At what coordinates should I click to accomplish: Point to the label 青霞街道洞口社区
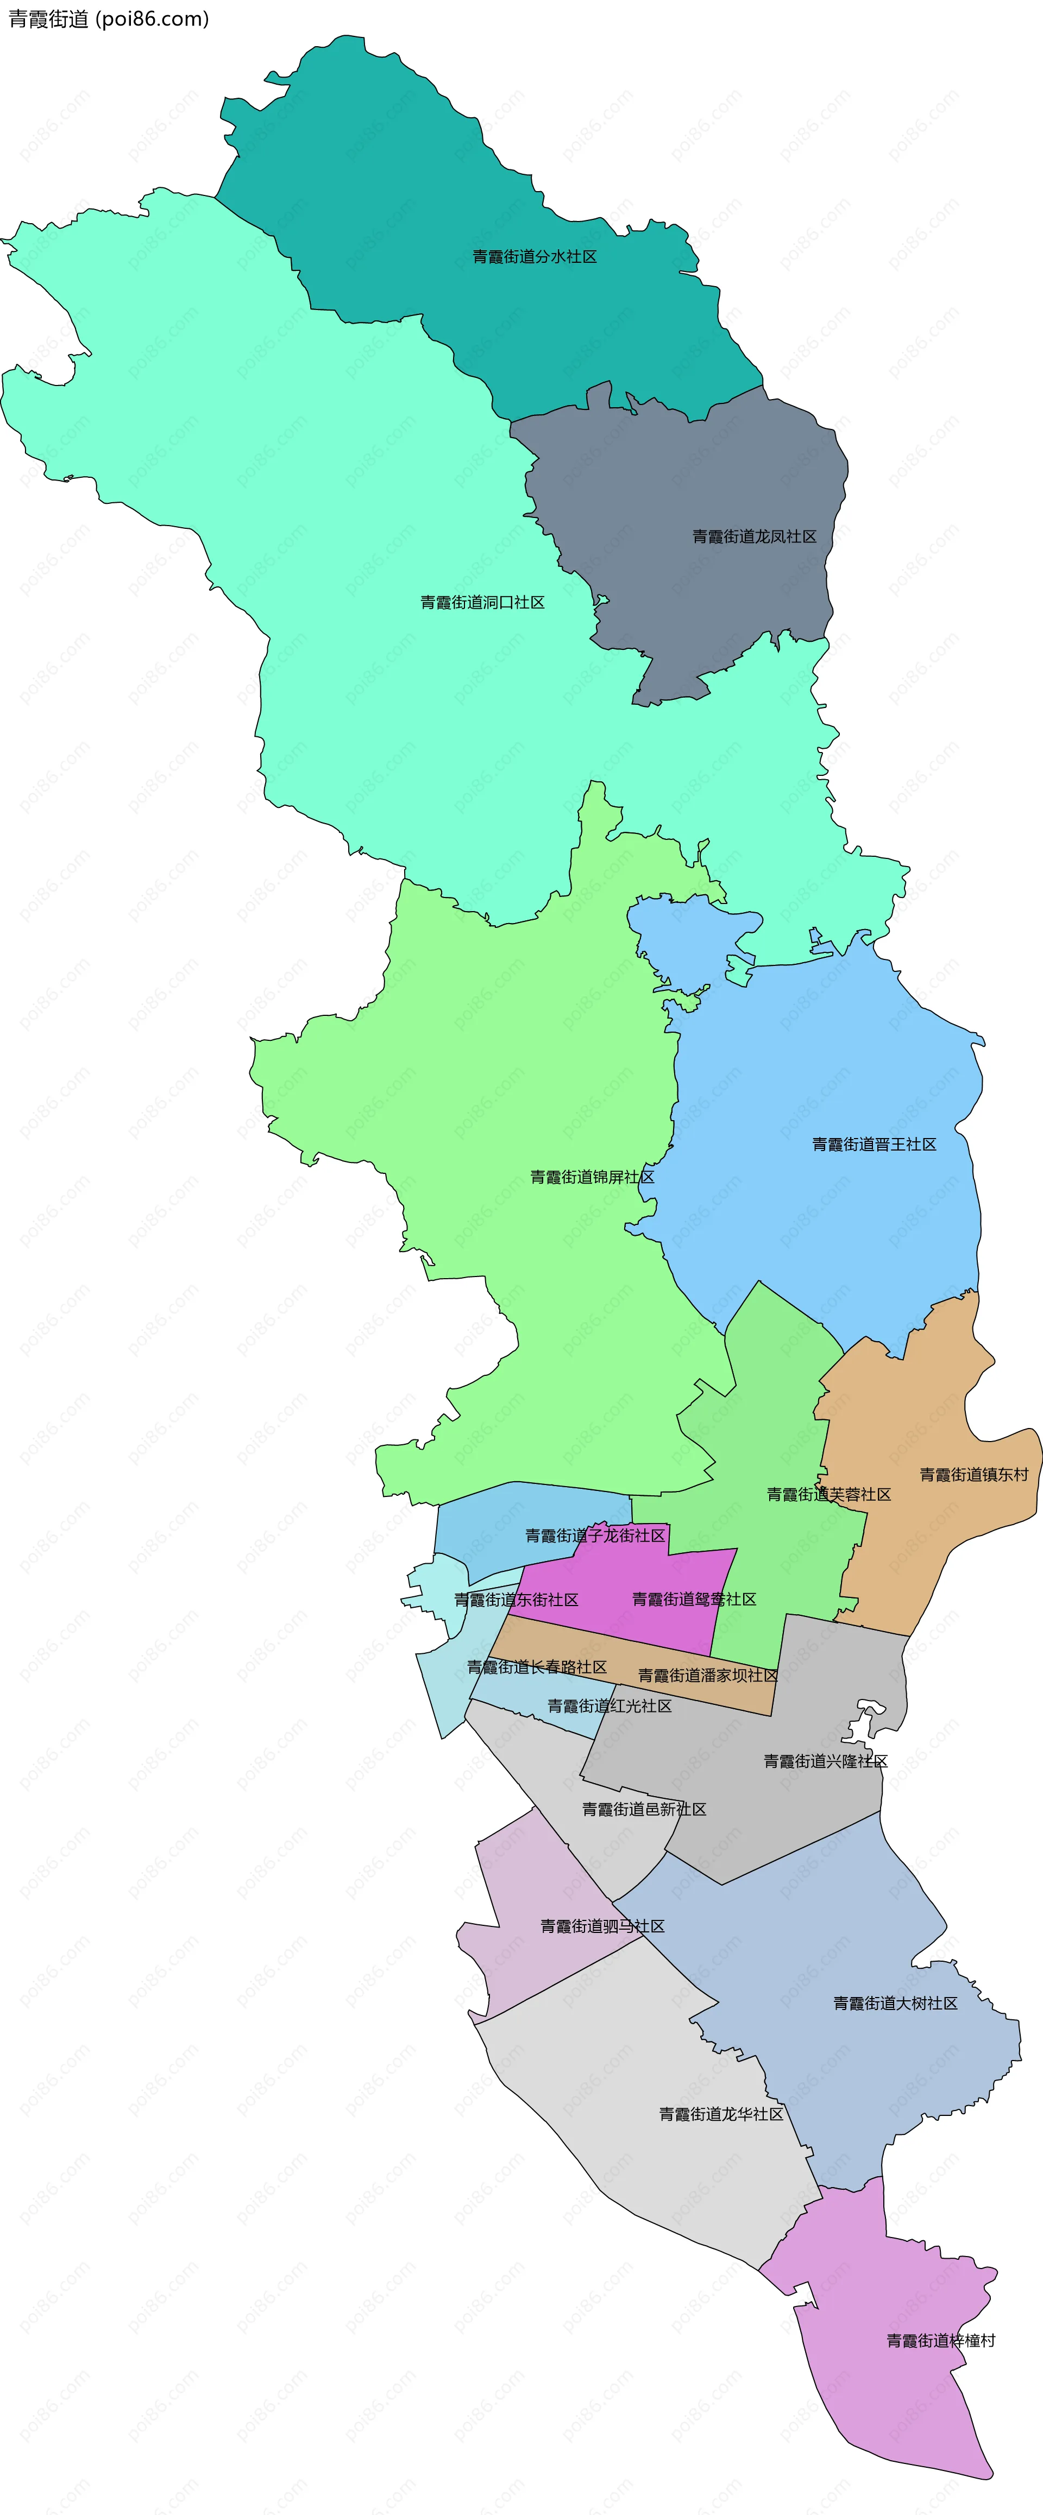pyautogui.click(x=482, y=602)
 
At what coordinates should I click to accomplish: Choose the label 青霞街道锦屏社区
pyautogui.click(x=592, y=1178)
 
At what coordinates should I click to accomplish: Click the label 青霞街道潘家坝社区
pyautogui.click(x=707, y=1676)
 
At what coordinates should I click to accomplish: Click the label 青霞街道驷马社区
pyautogui.click(x=602, y=1926)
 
